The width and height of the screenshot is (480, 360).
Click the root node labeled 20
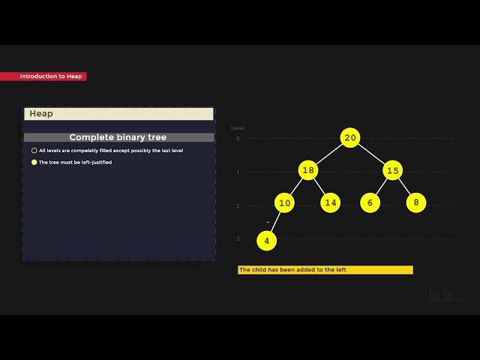350,137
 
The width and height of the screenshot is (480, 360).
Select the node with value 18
308,170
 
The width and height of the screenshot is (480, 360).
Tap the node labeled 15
393,170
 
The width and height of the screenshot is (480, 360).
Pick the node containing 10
284,202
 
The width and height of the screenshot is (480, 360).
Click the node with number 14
331,202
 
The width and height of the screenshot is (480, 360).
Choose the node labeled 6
370,202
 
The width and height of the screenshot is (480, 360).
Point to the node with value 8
416,202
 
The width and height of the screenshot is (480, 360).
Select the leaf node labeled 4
266,241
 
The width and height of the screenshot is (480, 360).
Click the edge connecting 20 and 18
329,154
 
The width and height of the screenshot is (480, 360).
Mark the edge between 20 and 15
372,154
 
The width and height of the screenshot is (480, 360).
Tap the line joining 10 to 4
275,222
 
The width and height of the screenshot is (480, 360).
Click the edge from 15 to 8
405,187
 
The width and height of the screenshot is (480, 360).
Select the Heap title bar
118,114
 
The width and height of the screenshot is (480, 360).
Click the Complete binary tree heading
118,137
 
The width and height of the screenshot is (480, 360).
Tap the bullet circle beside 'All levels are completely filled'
34,150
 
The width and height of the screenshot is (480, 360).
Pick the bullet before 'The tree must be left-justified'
34,162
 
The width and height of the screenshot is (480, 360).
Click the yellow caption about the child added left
325,270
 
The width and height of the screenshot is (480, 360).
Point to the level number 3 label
238,238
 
